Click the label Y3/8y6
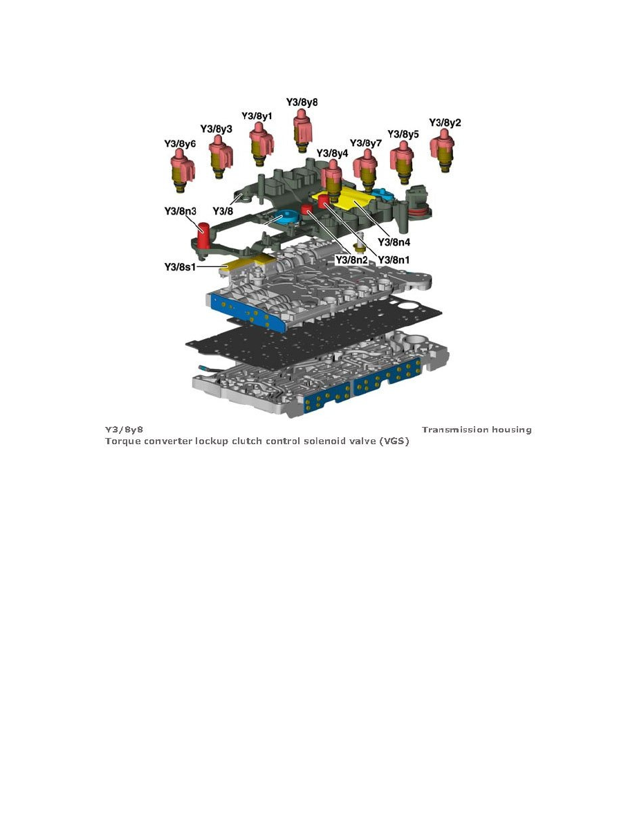[x=180, y=144]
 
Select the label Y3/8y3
[x=216, y=129]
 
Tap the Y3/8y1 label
[x=257, y=116]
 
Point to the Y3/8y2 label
[x=445, y=122]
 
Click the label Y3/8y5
[x=403, y=134]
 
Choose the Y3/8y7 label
[x=366, y=143]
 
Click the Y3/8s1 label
[x=180, y=266]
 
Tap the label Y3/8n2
[x=351, y=259]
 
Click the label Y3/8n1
[x=394, y=259]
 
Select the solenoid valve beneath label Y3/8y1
[x=259, y=145]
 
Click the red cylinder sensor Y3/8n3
[x=205, y=236]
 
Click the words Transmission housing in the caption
[x=477, y=430]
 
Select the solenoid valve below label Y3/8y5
[x=402, y=163]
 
